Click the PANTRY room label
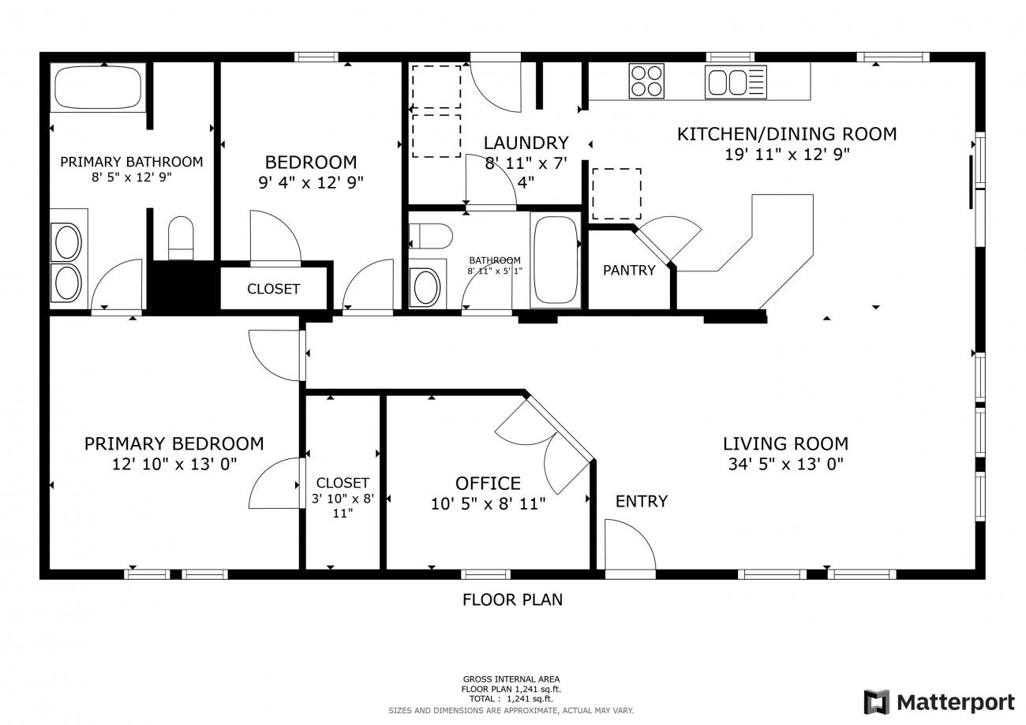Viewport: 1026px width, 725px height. [629, 271]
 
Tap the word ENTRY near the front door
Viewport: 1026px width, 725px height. [641, 502]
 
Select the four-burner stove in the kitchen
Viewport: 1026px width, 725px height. [646, 81]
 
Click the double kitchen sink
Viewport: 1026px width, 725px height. [736, 82]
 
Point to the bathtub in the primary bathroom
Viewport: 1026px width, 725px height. [98, 88]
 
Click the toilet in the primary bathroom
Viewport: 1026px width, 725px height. [181, 238]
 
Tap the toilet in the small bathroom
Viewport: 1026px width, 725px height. [431, 236]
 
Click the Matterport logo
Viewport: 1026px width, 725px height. [939, 702]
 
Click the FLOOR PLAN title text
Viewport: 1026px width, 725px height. [512, 600]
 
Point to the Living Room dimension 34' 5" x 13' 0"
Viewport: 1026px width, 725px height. [785, 464]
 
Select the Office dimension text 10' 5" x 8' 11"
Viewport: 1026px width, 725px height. [488, 504]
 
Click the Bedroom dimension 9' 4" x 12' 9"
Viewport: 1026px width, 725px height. [310, 182]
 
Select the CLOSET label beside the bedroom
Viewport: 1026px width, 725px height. [273, 289]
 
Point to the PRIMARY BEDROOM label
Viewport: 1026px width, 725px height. [174, 443]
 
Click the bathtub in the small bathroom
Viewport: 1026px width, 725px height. [556, 260]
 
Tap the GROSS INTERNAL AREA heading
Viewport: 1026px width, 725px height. [511, 679]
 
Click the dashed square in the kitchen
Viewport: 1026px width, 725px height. [616, 194]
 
